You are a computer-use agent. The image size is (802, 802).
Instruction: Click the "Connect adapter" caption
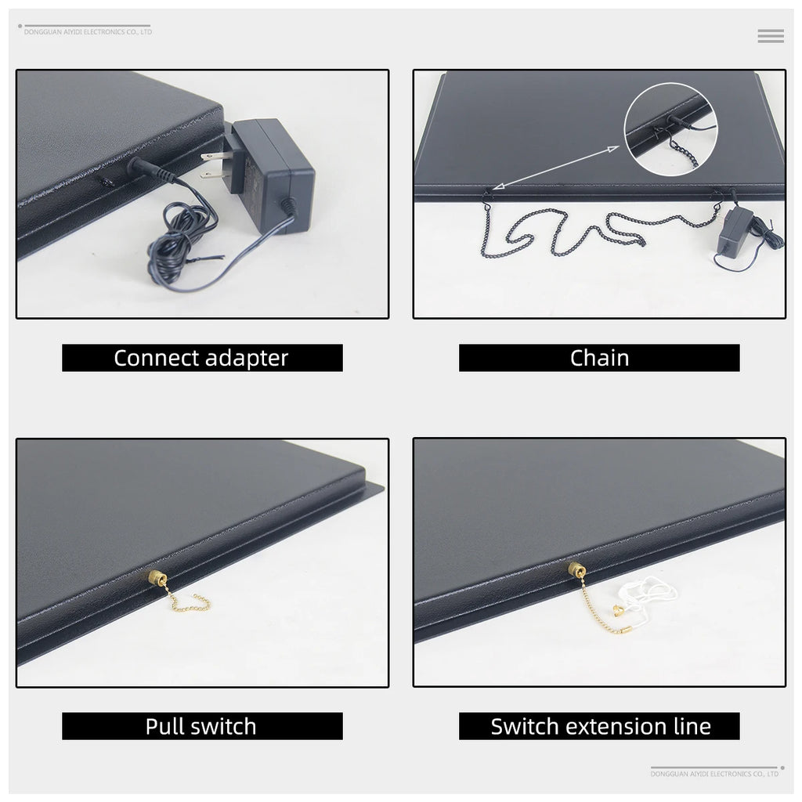tap(201, 358)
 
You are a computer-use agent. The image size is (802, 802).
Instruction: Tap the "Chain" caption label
tap(599, 358)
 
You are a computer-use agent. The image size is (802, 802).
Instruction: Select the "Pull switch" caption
tap(201, 726)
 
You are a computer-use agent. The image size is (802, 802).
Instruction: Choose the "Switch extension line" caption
tap(601, 726)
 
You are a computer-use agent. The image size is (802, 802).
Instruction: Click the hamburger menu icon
tap(771, 36)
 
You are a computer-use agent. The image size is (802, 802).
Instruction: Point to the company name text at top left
tap(88, 31)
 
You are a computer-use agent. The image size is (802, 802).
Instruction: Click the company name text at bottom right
tap(714, 774)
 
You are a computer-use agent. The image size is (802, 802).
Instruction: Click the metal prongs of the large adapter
tap(214, 165)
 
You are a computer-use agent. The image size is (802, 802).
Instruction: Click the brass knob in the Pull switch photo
tap(158, 577)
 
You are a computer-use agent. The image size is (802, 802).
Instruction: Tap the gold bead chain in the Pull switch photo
tap(186, 604)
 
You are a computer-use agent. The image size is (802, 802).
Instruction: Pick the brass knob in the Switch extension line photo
tap(576, 569)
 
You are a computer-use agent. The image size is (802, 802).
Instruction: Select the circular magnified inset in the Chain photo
tap(670, 129)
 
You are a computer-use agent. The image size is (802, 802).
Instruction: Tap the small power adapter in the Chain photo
tap(735, 231)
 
